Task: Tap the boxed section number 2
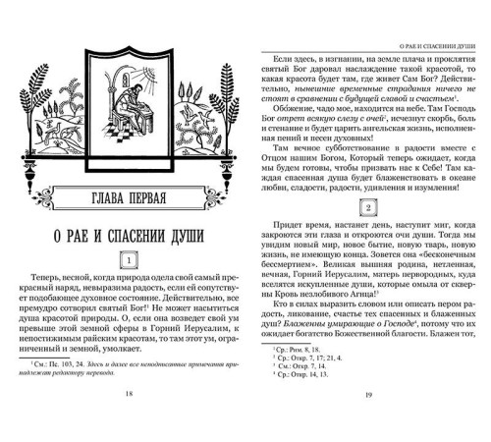tap(367, 209)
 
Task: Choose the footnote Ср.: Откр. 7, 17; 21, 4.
tap(308, 357)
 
